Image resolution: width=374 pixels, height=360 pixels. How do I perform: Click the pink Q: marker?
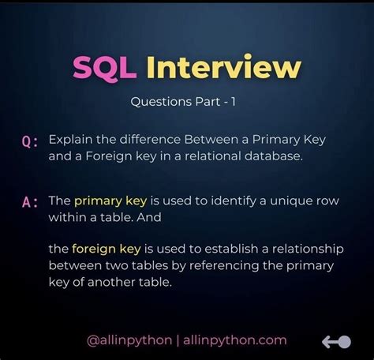click(31, 141)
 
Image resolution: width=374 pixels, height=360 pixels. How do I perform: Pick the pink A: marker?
click(31, 202)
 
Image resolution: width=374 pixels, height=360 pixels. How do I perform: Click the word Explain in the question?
click(69, 139)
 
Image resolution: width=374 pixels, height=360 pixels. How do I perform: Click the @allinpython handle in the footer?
click(129, 340)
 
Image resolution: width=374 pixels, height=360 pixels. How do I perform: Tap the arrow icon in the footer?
click(335, 341)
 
